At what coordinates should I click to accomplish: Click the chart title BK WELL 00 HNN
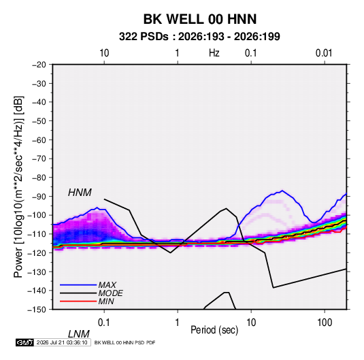pos(200,19)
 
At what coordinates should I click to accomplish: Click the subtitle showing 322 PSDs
pos(199,37)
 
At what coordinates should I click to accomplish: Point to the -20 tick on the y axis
pos(39,65)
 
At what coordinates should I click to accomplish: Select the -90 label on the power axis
pos(39,196)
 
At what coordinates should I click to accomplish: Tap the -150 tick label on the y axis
pos(37,310)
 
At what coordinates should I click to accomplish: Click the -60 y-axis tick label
pos(39,140)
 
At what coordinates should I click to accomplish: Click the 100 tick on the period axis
pos(325,323)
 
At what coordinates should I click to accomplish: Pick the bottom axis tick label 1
pos(178,323)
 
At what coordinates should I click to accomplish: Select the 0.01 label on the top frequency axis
pos(324,53)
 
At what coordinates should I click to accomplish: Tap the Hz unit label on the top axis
pos(214,53)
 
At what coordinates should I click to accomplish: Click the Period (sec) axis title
pos(214,330)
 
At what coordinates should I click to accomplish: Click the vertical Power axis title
pos(18,187)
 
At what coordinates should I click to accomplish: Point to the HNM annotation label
pos(80,193)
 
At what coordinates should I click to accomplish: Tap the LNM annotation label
pos(79,334)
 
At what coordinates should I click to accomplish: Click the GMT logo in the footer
pos(25,342)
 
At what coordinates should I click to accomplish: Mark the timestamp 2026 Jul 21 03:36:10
pos(62,342)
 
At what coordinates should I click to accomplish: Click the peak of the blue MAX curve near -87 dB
pos(282,191)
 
